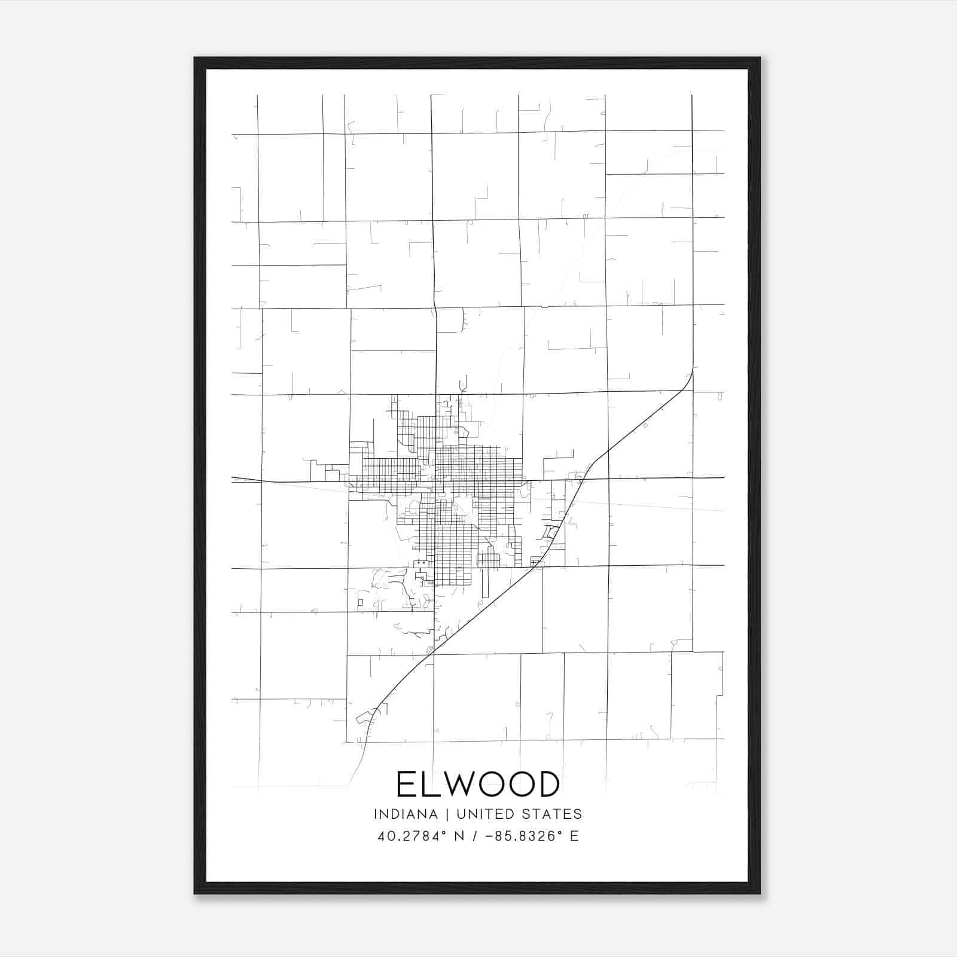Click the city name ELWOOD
pyautogui.click(x=478, y=784)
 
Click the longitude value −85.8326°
pyautogui.click(x=525, y=836)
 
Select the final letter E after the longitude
pyautogui.click(x=574, y=836)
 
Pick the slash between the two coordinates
pyautogui.click(x=475, y=836)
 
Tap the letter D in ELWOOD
pyautogui.click(x=547, y=784)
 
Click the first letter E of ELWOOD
pyautogui.click(x=406, y=784)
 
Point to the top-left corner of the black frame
pyautogui.click(x=195, y=58)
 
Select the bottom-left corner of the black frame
pyautogui.click(x=195, y=893)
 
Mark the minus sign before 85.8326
pyautogui.click(x=490, y=836)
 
